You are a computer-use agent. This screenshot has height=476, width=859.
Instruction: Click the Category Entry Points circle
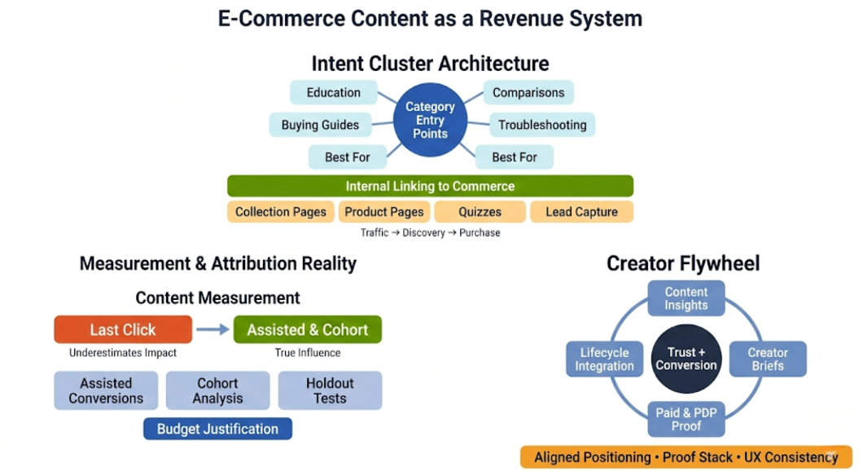click(430, 120)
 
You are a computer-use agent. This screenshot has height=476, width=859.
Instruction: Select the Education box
click(334, 92)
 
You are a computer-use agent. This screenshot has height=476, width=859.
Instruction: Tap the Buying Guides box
click(320, 125)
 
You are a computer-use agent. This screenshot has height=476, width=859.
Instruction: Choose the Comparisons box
click(528, 92)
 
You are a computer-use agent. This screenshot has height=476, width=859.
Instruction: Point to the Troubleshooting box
click(542, 125)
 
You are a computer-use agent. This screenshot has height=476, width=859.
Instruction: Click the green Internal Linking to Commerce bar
click(430, 186)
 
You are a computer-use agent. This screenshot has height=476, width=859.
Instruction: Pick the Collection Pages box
click(280, 212)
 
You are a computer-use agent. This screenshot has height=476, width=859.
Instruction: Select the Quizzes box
click(480, 212)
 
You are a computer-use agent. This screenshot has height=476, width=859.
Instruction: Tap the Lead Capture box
click(581, 212)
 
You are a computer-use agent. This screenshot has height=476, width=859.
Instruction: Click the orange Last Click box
click(123, 329)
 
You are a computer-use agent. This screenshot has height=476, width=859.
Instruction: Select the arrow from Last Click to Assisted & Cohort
click(213, 329)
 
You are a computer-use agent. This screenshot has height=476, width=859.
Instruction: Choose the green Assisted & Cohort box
click(307, 329)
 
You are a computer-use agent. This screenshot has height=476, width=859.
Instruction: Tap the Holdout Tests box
click(330, 390)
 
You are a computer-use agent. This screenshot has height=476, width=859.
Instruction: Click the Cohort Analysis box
click(217, 390)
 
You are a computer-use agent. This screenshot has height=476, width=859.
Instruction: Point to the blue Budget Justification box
click(217, 429)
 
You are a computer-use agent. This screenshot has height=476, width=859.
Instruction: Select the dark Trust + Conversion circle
click(686, 359)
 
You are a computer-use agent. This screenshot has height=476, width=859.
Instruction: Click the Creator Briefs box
click(767, 359)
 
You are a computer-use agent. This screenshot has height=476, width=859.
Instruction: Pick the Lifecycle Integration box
click(604, 359)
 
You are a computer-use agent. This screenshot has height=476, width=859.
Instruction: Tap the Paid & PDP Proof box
click(686, 420)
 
